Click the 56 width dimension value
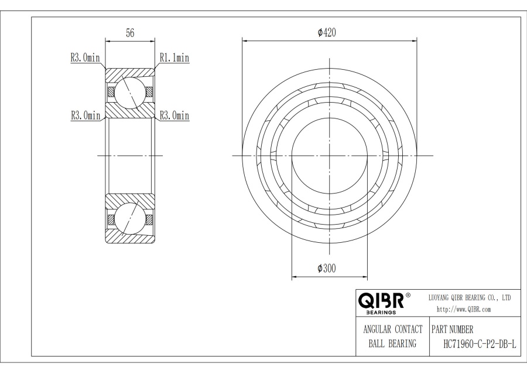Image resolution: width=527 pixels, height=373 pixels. pos(130,33)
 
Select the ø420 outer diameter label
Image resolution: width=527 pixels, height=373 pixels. pos(327,33)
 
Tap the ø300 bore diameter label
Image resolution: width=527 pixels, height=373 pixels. pos(327,268)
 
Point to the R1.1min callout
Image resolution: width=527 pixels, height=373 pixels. pos(174,57)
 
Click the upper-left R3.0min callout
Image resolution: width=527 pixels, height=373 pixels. pos(85,57)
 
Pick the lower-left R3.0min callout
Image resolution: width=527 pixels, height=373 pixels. pos(85,116)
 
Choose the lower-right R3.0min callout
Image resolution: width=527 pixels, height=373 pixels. pos(174,116)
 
